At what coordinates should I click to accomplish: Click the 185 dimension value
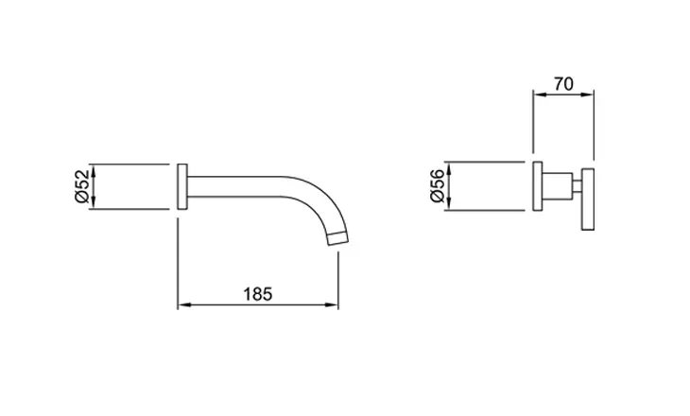(258, 294)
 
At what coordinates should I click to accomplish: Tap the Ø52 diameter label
(82, 186)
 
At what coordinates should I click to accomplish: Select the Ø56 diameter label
(438, 185)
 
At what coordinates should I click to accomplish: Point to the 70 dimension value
(563, 83)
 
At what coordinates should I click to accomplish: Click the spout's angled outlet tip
(338, 238)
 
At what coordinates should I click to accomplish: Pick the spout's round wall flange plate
(182, 186)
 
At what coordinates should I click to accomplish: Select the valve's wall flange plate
(537, 185)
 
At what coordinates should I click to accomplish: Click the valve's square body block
(558, 185)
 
